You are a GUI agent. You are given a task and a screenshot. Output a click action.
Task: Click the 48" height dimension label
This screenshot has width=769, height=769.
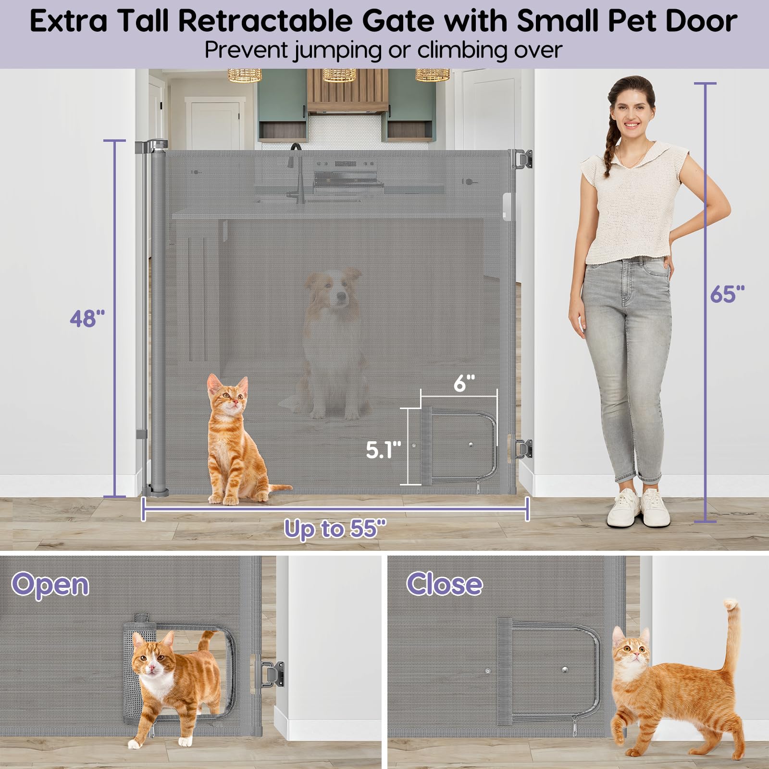click(x=87, y=319)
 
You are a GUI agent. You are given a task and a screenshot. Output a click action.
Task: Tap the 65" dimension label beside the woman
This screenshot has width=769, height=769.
click(x=727, y=294)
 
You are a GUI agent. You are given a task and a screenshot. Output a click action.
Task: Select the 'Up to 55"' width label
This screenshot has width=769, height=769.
click(x=335, y=529)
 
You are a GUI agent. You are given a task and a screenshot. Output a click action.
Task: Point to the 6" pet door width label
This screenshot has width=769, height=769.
click(x=464, y=383)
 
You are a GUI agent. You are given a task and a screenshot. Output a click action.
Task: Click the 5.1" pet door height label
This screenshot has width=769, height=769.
click(x=383, y=449)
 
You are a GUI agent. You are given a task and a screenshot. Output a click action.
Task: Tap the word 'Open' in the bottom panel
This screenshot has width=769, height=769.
click(x=50, y=585)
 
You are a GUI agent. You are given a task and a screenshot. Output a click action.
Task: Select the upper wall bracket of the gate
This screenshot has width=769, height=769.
click(x=521, y=159)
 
